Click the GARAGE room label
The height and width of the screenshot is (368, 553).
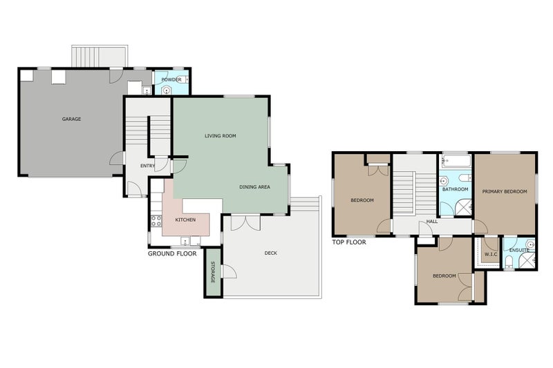point(71,119)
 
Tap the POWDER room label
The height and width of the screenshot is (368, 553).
point(171,79)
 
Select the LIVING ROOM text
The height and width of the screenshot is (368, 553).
point(221,135)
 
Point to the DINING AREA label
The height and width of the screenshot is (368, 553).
point(254,186)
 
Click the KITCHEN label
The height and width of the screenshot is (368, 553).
point(185,220)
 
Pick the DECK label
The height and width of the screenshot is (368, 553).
point(271,253)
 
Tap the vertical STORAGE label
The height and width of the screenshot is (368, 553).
point(213,272)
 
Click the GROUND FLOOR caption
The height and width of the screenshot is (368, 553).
point(172,253)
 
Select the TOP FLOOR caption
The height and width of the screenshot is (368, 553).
point(349,242)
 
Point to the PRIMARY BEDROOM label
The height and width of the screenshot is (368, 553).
point(505,191)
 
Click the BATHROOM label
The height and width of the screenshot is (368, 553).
point(456,189)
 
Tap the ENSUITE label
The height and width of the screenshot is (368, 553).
point(520,250)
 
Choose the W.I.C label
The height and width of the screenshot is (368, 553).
point(491,254)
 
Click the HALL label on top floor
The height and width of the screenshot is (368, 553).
point(432,222)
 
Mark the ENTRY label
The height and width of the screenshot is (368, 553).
point(147,166)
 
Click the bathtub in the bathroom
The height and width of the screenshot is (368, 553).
point(456,161)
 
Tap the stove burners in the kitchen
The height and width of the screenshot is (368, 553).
point(156,221)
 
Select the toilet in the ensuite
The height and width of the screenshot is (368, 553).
point(509,262)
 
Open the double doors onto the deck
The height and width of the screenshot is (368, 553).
point(246,222)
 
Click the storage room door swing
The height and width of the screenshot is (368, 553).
point(229,271)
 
